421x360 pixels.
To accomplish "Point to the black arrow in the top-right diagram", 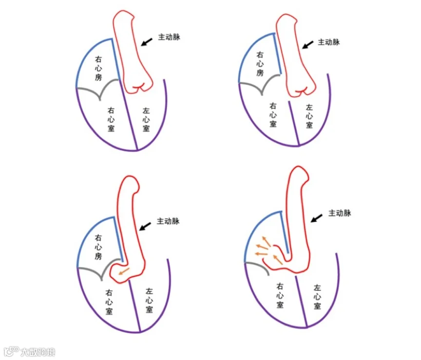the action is (307, 44).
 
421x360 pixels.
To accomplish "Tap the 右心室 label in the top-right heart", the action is (273, 115).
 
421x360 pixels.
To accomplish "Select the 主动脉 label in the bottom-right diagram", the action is (340, 213).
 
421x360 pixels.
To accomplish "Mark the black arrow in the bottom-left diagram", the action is (145, 226).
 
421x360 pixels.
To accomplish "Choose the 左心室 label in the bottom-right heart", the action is (317, 297).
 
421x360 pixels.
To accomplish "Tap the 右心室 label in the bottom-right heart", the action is (280, 296).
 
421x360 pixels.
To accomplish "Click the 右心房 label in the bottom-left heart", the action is (99, 247).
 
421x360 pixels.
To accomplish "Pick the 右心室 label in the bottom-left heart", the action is (110, 302).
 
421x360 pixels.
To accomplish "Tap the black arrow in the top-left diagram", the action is (147, 40).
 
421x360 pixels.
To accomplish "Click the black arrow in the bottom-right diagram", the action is (317, 218).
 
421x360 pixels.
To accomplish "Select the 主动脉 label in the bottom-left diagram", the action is (169, 221).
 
